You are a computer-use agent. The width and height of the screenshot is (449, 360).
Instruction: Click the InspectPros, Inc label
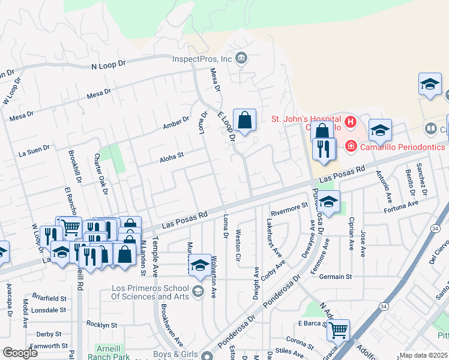(202, 59)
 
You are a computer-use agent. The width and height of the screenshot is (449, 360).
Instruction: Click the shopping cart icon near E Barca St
(339, 329)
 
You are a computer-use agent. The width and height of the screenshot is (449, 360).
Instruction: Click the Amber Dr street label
(176, 124)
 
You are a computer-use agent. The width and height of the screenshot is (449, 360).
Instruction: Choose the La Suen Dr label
(34, 149)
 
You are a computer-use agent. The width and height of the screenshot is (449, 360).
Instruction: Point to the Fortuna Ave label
(401, 204)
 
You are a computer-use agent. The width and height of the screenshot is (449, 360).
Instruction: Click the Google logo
(20, 353)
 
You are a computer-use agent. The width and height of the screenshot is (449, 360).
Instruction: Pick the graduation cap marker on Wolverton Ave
(200, 266)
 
